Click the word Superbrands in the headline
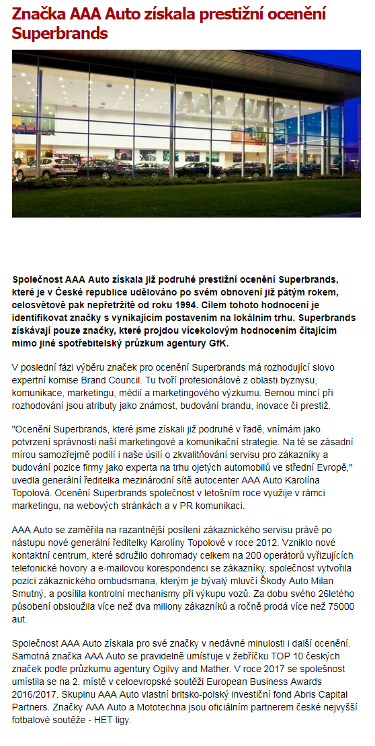[x=60, y=33]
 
